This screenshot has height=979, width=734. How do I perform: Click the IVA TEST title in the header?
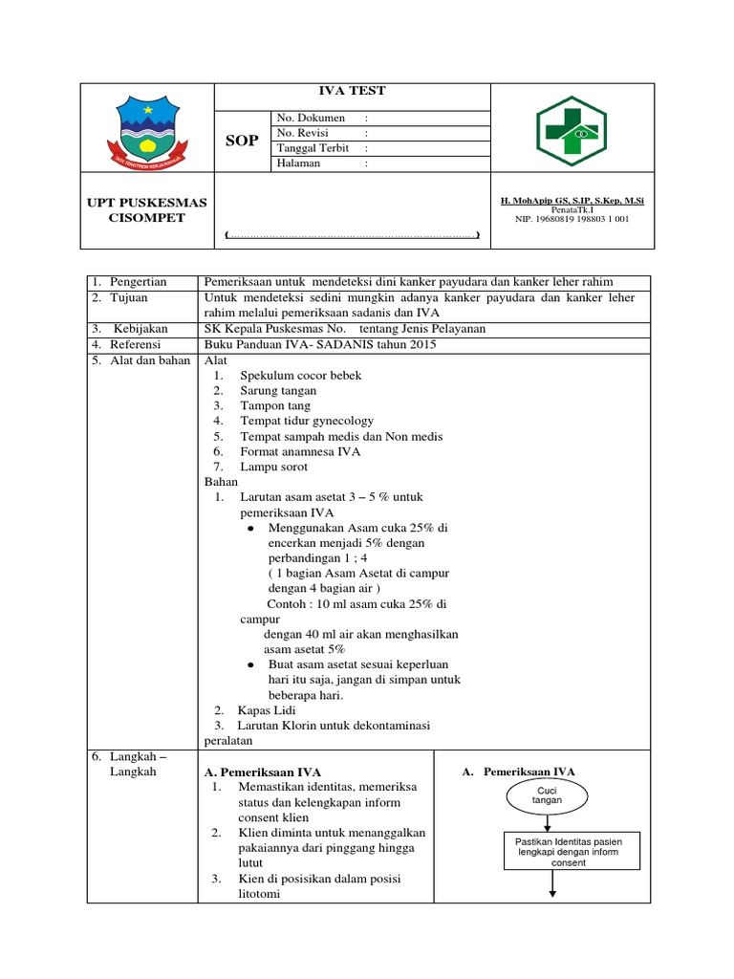coord(352,91)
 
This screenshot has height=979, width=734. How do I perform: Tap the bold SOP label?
coord(242,141)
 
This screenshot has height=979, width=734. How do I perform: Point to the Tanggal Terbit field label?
coord(313,148)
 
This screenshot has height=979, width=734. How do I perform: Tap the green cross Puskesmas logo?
coord(571,131)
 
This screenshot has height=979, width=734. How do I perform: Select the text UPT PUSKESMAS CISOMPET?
coord(147,210)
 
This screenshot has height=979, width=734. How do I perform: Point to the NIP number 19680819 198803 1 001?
coord(572,219)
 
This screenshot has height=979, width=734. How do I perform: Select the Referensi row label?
coord(136,344)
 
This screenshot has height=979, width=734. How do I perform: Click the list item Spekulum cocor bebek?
coord(300,376)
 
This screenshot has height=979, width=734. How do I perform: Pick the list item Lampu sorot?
coord(278,467)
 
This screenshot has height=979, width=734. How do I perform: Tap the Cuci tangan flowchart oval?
coord(548,795)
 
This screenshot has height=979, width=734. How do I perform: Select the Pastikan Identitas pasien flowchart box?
coord(572,851)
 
